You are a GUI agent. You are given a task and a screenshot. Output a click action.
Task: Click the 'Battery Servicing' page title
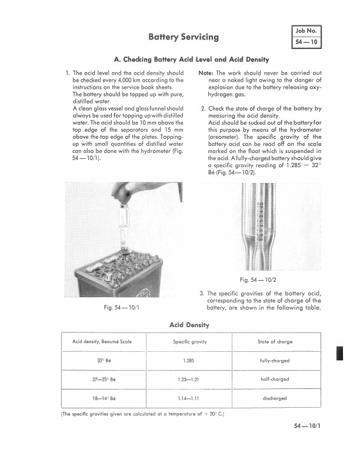click(184, 37)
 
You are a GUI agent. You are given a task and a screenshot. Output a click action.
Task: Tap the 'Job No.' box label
click(306, 30)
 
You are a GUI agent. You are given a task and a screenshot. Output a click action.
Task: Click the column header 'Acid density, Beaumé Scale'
click(102, 342)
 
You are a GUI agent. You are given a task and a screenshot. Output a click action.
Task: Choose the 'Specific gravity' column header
click(189, 342)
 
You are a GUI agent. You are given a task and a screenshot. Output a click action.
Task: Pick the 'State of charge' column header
click(275, 342)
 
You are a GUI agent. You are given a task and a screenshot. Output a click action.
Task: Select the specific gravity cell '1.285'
click(189, 361)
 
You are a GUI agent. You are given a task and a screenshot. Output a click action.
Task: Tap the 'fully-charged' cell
click(275, 361)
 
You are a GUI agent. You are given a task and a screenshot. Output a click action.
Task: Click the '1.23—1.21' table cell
click(189, 380)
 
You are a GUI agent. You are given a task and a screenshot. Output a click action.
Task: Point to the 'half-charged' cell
click(275, 380)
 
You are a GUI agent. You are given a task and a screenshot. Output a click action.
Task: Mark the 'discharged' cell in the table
click(275, 398)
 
